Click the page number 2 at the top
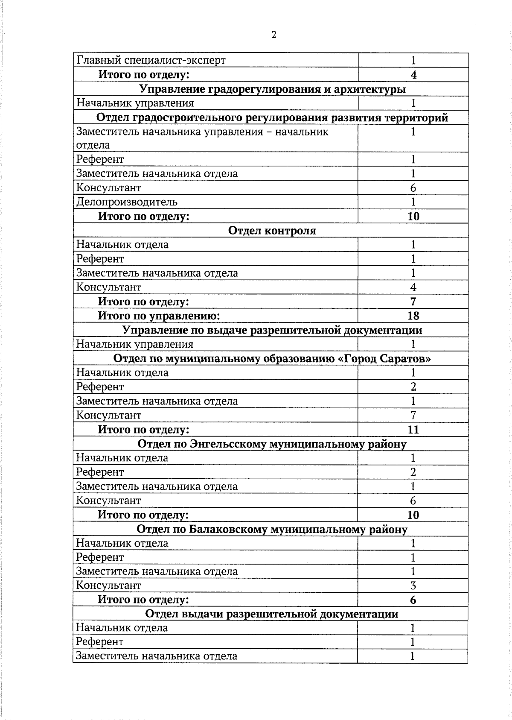[x=274, y=35]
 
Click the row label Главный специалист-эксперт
[x=151, y=60]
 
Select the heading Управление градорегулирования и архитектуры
[x=273, y=89]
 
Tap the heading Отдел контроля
[x=272, y=231]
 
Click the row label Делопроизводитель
[x=127, y=202]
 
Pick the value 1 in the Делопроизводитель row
[x=413, y=202]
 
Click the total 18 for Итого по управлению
[x=413, y=316]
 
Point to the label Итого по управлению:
[x=159, y=316]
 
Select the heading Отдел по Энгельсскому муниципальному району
[x=272, y=444]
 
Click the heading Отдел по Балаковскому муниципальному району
[x=272, y=530]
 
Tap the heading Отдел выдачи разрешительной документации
[x=272, y=614]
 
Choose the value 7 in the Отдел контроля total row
[x=413, y=302]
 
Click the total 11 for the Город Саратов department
[x=413, y=430]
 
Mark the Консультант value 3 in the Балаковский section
[x=413, y=586]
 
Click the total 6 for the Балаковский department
[x=413, y=600]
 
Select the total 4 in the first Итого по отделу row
[x=413, y=75]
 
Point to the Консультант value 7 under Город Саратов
[x=413, y=416]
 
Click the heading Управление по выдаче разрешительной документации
[x=272, y=330]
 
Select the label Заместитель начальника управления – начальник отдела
[x=202, y=138]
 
